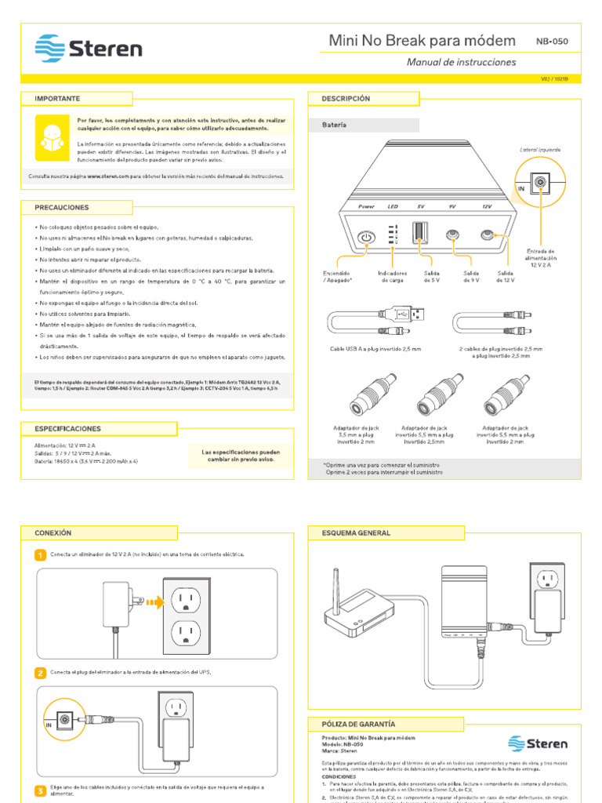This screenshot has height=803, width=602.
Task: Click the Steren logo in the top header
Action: pos(88,49)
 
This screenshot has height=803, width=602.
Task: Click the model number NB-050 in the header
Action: pos(552,41)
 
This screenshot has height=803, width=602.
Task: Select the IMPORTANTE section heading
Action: pos(57,99)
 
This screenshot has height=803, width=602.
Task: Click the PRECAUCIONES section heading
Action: pos(62,207)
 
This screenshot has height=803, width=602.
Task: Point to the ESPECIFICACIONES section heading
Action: pos(67,429)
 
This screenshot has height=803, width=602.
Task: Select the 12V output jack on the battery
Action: pos(488,234)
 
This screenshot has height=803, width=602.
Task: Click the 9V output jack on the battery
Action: pos(452,234)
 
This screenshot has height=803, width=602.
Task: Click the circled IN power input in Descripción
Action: pos(539,184)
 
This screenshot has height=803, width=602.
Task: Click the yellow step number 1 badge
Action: pos(40,555)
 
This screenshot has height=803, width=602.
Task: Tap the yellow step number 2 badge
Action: pos(40,673)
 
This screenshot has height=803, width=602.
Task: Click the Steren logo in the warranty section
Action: pos(538,743)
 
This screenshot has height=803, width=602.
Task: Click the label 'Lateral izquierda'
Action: pos(540,149)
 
